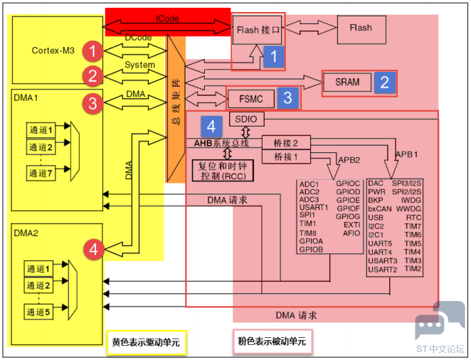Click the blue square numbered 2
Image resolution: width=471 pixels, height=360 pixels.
pos(385,83)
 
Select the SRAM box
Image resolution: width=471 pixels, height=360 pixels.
pos(347,83)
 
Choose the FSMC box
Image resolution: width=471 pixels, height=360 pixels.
pos(252,99)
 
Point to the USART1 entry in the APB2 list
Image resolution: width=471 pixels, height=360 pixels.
pos(314,208)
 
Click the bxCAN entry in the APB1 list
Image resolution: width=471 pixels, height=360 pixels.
pos(380,208)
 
